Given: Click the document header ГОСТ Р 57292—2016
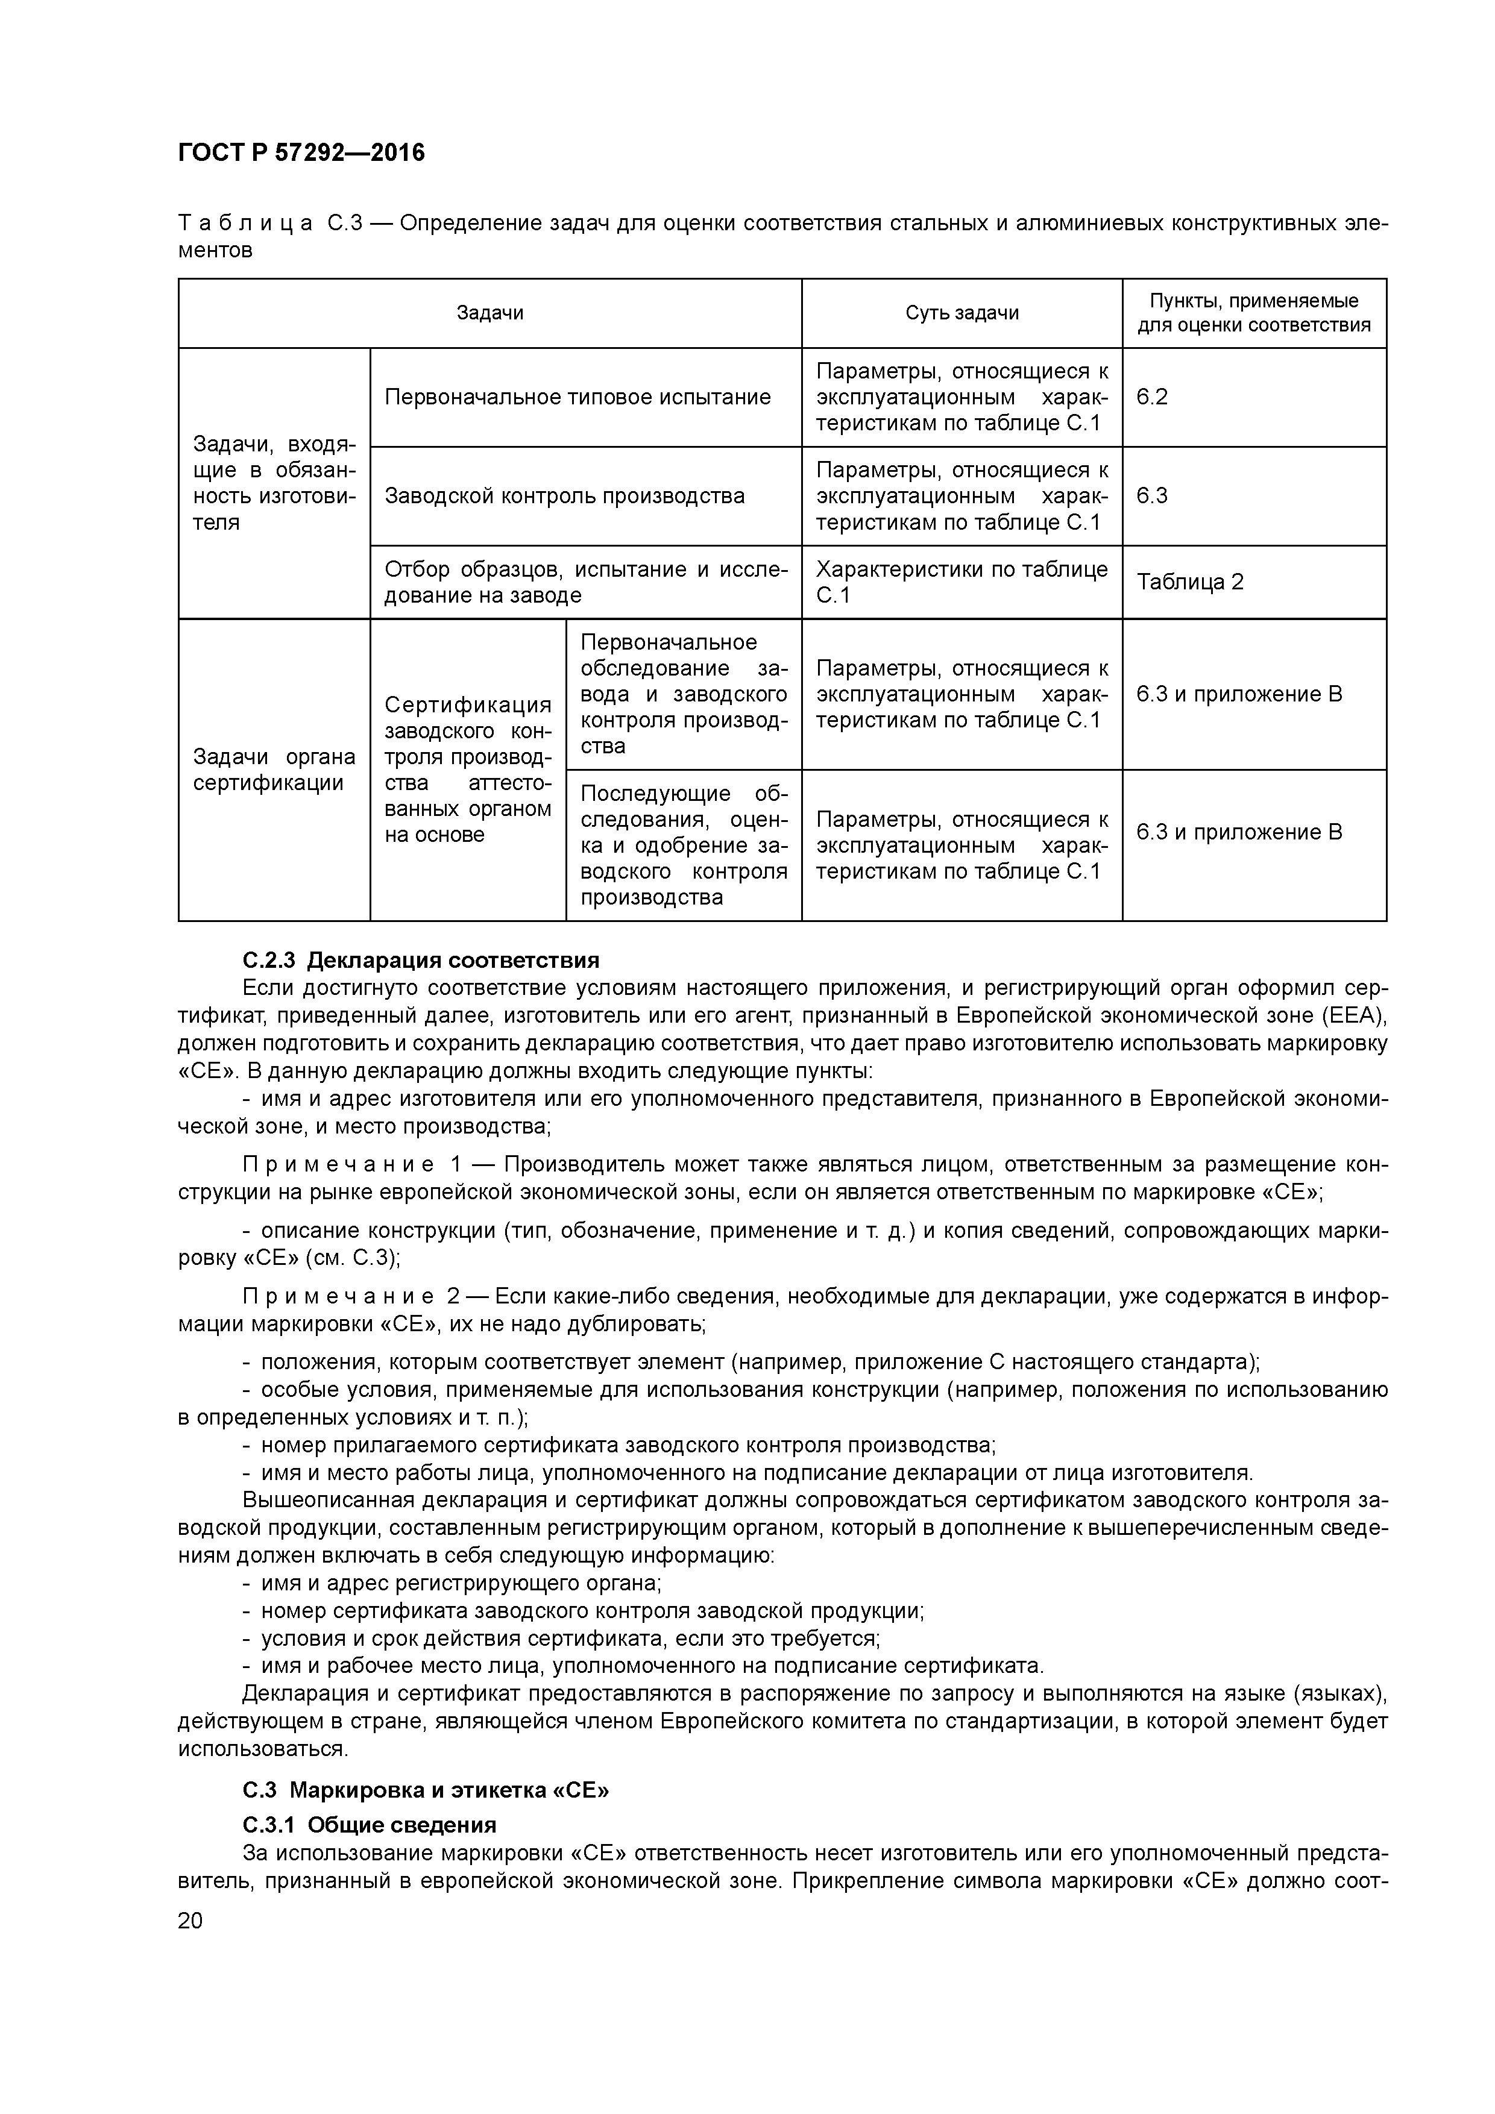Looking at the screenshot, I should point(301,153).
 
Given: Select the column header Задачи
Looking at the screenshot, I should point(490,313).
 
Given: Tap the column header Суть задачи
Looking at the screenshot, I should point(962,313).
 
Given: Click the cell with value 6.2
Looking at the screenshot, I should point(1153,397).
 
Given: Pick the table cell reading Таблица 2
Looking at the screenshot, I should point(1189,582).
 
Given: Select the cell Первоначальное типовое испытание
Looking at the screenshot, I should point(578,397).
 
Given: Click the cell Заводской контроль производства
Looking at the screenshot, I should point(565,497).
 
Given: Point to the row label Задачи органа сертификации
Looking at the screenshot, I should point(274,770).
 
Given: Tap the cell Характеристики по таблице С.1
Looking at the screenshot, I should point(962,582).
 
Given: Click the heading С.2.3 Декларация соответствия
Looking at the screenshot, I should point(420,961).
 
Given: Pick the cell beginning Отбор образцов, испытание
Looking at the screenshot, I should point(586,582).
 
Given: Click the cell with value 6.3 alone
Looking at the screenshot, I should point(1153,497).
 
